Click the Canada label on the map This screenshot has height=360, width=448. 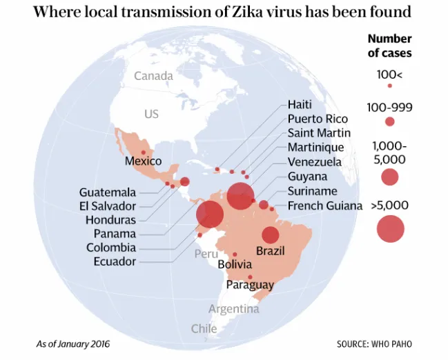(x=153, y=76)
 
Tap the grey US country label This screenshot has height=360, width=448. (x=151, y=114)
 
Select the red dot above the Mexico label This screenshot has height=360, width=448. (x=144, y=152)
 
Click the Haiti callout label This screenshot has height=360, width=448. (x=300, y=105)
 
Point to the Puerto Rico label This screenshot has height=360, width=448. (x=318, y=119)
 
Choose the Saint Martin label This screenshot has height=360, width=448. (x=319, y=133)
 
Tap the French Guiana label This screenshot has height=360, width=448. (x=325, y=206)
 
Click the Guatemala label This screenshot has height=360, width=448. (x=108, y=192)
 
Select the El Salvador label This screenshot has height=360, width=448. (x=108, y=206)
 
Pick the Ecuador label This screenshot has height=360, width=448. (x=115, y=261)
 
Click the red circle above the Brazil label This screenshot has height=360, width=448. (x=271, y=235)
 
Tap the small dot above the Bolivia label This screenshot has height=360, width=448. (x=235, y=254)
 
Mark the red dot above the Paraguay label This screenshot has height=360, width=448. (x=250, y=277)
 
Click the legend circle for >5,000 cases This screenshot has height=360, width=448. (x=390, y=229)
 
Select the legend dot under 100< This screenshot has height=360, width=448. (x=390, y=86)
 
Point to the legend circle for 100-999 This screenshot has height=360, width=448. (x=390, y=121)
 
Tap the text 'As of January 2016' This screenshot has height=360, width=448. (x=73, y=343)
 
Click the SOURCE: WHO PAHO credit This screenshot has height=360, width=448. (x=374, y=344)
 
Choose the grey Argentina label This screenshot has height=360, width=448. (x=234, y=309)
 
